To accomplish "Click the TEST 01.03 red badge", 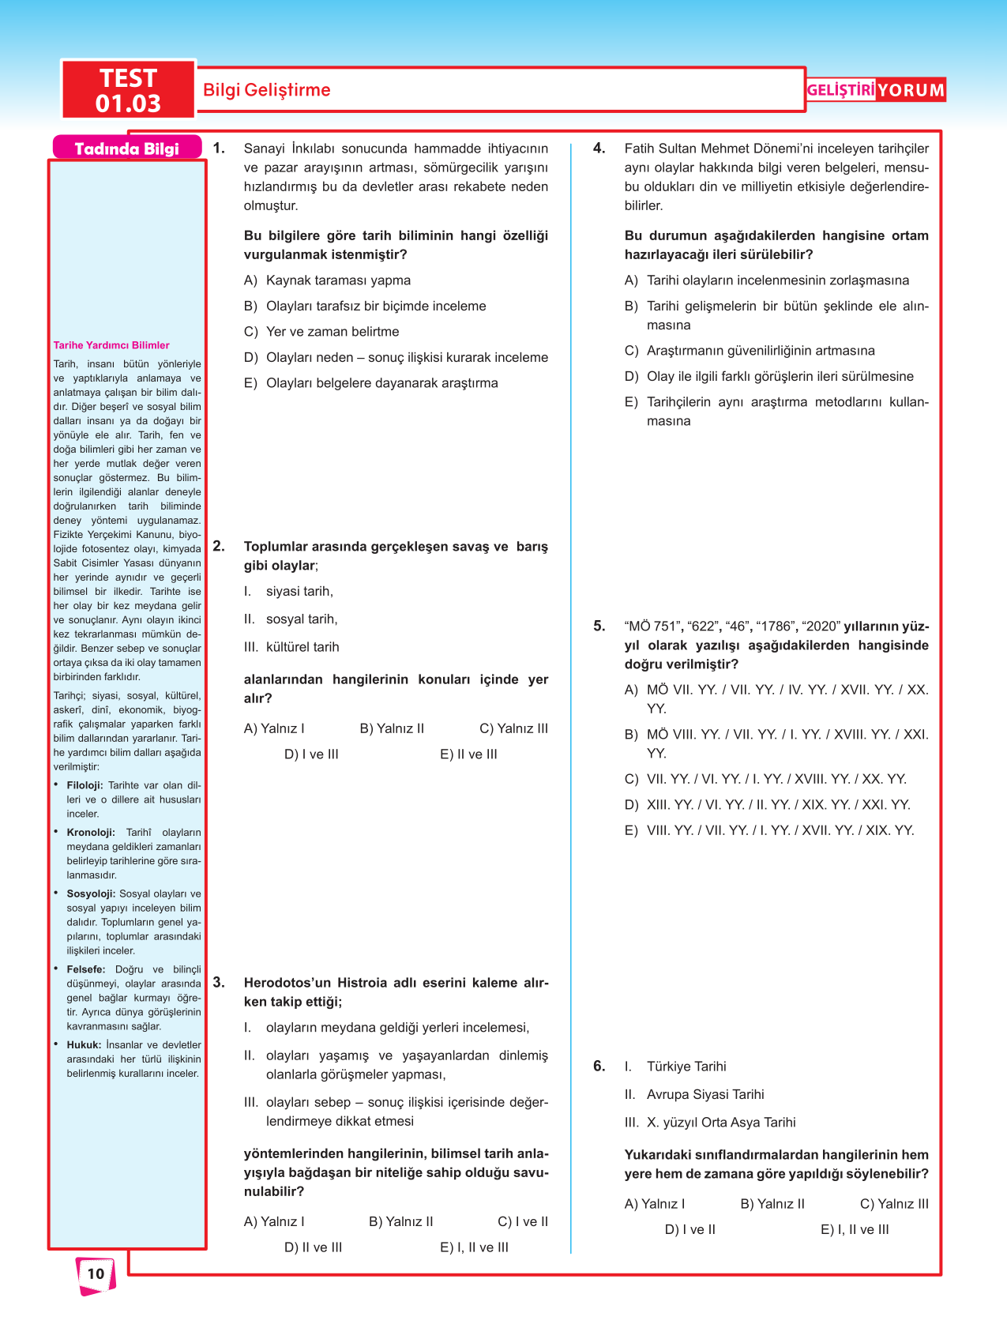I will pyautogui.click(x=128, y=90).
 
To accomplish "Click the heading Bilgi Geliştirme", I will pyautogui.click(x=266, y=90).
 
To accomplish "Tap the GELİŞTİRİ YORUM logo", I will pyautogui.click(x=875, y=90).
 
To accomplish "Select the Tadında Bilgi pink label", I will pyautogui.click(x=126, y=149).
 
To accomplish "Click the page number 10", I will pyautogui.click(x=96, y=1273).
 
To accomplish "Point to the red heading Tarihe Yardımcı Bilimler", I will pyautogui.click(x=111, y=345).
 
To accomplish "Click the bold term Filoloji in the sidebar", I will pyautogui.click(x=85, y=785).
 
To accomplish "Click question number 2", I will pyautogui.click(x=219, y=547).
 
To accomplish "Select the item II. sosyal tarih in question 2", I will pyautogui.click(x=291, y=619).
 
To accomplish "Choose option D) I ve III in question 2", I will pyautogui.click(x=311, y=754).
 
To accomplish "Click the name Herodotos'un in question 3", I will pyautogui.click(x=287, y=983).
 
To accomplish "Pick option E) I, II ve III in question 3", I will pyautogui.click(x=474, y=1247).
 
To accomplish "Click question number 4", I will pyautogui.click(x=599, y=149).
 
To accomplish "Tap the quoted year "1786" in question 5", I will pyautogui.click(x=774, y=626).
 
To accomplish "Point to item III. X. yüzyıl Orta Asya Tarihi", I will pyautogui.click(x=710, y=1123).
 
